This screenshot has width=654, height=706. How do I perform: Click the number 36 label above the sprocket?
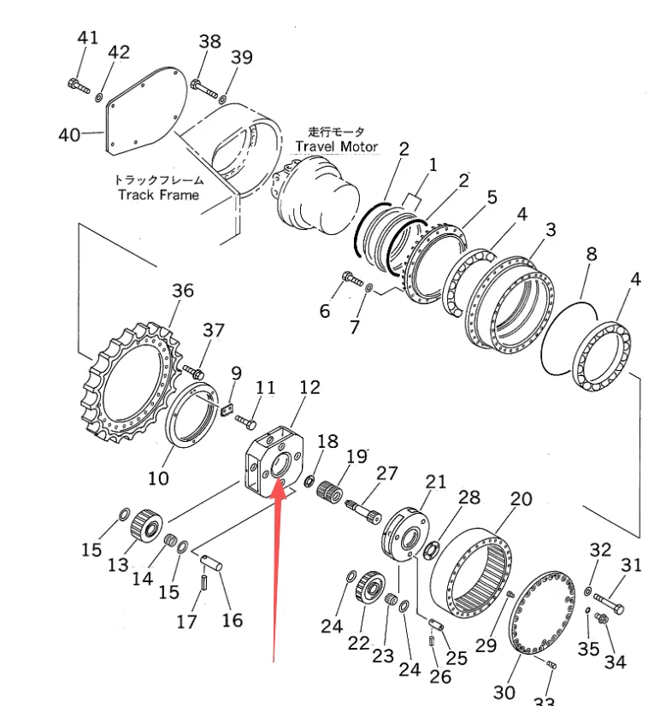point(182,291)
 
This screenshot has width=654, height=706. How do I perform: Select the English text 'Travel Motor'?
point(336,146)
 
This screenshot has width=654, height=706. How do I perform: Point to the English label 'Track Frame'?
point(158,195)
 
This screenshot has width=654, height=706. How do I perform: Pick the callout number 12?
point(309,387)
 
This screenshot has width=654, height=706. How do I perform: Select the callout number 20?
point(521,499)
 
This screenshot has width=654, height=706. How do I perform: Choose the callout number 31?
point(631,565)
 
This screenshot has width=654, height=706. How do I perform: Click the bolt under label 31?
point(608,603)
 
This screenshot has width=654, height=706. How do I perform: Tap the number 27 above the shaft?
point(387,473)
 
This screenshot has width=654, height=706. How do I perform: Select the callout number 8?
point(591,254)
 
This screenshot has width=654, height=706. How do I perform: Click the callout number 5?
point(491,197)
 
